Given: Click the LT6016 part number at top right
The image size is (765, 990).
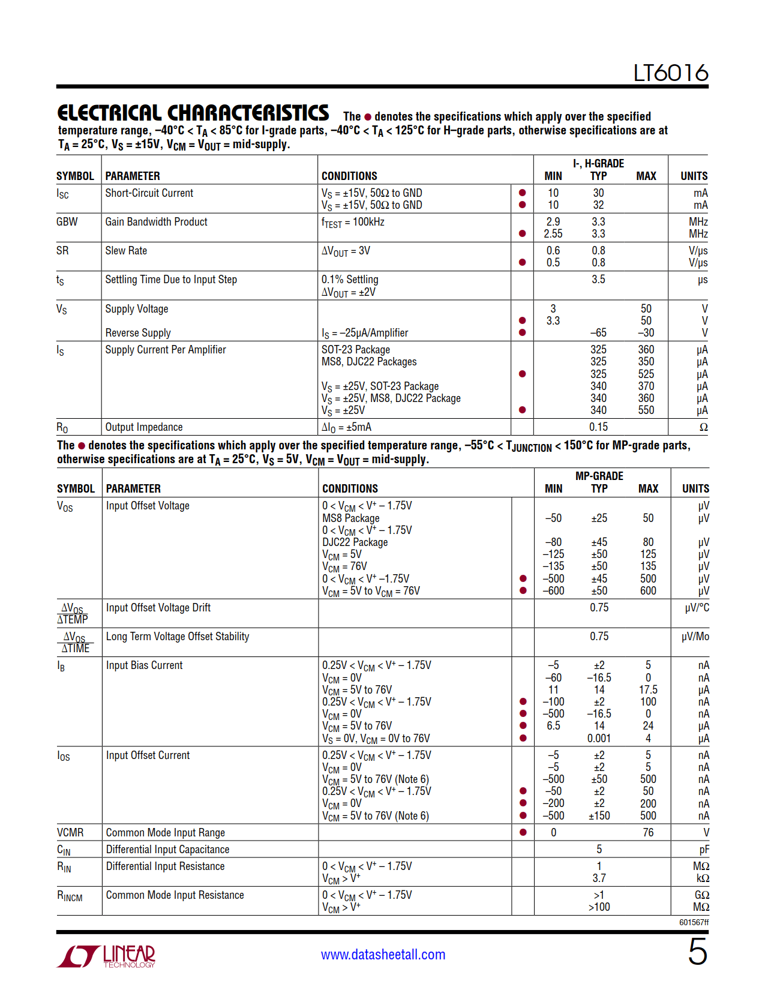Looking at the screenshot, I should [x=670, y=73].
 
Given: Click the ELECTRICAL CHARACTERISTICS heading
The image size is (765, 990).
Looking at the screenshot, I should [x=193, y=113].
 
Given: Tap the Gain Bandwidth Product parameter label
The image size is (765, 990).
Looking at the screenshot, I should [x=156, y=222].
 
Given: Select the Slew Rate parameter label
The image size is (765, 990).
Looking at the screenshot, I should [x=126, y=251].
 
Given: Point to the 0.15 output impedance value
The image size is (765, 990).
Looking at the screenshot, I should [x=598, y=427].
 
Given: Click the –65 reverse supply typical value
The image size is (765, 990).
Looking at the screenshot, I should [x=598, y=333].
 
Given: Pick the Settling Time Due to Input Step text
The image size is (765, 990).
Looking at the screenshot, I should [x=171, y=280].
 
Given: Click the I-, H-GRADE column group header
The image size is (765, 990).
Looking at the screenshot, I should [x=598, y=163].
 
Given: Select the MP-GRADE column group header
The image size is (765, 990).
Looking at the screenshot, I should [x=599, y=476].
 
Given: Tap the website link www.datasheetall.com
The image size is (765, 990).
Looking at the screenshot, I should [x=383, y=955].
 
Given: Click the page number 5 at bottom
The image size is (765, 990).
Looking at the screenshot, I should [x=697, y=952].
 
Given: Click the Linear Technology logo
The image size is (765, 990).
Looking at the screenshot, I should [x=106, y=956].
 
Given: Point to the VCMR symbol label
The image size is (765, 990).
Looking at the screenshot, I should [x=70, y=833].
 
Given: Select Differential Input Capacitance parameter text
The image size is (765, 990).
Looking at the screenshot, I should [x=167, y=850].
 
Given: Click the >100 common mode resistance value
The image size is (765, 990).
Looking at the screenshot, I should [x=599, y=907].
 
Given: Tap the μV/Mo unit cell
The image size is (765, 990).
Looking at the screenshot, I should [x=695, y=637].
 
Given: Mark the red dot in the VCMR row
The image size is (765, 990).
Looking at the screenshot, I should [x=523, y=833].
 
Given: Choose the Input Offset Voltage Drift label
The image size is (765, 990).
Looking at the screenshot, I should [x=158, y=608].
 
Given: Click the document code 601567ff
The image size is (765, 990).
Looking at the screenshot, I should [x=694, y=922].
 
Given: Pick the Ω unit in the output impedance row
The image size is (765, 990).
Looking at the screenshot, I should [x=703, y=428].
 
